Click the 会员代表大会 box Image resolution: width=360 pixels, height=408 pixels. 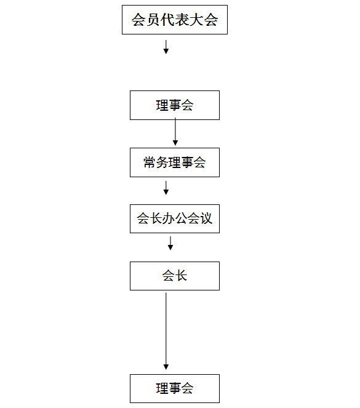[x=175, y=20]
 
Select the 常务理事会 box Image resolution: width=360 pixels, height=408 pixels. [x=175, y=162]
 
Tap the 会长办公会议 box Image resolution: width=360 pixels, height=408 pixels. [x=175, y=218]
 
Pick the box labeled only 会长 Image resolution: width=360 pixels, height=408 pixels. [x=175, y=276]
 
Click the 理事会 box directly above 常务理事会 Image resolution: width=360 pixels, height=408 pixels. [x=175, y=105]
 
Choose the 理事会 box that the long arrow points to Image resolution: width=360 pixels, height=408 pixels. [x=175, y=388]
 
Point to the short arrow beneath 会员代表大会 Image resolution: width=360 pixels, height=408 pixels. [x=166, y=47]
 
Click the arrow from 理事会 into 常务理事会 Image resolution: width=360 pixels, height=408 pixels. [x=175, y=132]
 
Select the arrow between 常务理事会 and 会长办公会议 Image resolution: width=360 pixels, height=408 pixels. [x=166, y=188]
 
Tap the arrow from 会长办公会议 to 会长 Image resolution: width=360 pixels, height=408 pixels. [x=170, y=243]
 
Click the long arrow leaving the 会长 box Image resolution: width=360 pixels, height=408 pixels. [x=166, y=331]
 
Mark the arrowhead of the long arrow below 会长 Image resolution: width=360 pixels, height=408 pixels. [x=166, y=367]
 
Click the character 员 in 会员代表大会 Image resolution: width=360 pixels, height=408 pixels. [x=153, y=20]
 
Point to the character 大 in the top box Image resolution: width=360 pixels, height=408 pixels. [x=196, y=20]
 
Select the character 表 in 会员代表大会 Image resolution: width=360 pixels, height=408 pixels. [x=182, y=20]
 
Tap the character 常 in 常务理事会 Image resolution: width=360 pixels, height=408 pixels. [x=150, y=162]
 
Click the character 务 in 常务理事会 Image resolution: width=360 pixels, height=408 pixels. [x=162, y=162]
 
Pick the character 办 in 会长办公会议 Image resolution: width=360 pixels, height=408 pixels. [x=168, y=218]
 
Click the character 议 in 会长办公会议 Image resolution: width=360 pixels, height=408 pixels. [x=206, y=218]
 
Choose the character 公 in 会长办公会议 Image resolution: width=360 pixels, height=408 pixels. [x=181, y=218]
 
